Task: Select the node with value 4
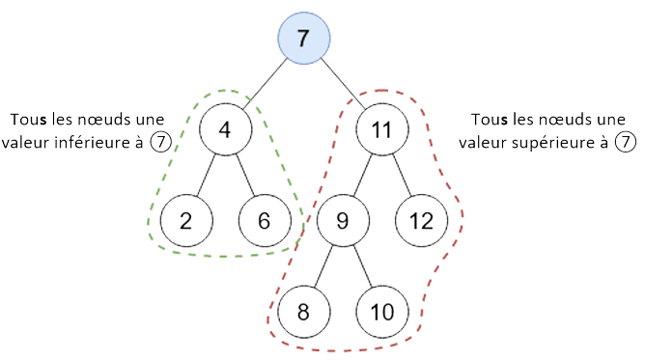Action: (x=226, y=129)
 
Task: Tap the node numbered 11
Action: (x=381, y=129)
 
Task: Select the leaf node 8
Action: (x=302, y=310)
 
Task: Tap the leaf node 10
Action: (x=382, y=310)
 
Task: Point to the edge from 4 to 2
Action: (x=205, y=175)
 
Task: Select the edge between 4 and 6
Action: (x=245, y=175)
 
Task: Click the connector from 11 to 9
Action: (x=361, y=175)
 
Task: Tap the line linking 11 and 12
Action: (x=402, y=175)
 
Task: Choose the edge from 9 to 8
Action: (x=322, y=264)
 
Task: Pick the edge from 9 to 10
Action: (x=362, y=264)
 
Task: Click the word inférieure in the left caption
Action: (x=100, y=144)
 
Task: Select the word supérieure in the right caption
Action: (x=552, y=144)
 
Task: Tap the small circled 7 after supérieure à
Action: (x=628, y=144)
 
